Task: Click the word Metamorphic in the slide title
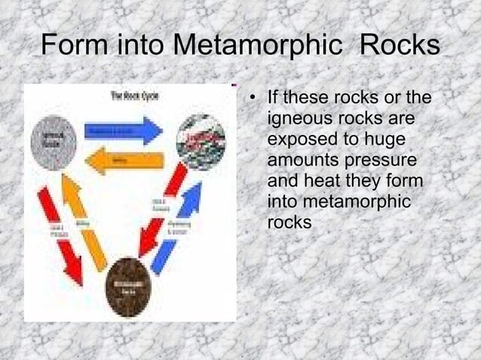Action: pos(261,47)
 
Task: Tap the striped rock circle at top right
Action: pos(200,142)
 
